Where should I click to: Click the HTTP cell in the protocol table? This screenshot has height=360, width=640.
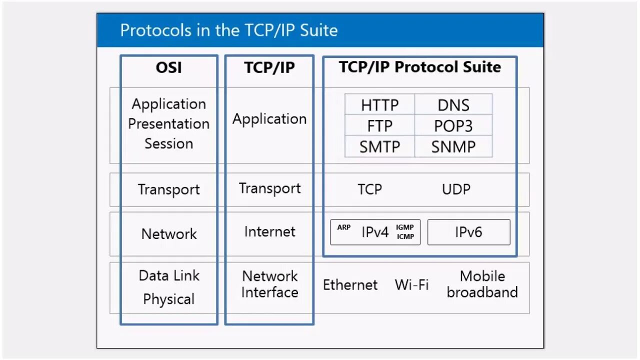(380, 105)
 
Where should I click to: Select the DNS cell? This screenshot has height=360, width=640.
(453, 105)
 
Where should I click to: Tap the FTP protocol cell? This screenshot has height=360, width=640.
(380, 125)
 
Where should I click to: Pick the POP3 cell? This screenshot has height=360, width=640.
(453, 125)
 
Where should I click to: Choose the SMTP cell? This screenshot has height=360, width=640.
(380, 147)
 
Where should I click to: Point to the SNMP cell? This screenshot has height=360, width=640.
(453, 147)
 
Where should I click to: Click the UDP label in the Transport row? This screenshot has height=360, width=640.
(456, 189)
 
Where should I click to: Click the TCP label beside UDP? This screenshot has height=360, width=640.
(369, 189)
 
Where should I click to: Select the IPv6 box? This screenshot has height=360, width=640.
(468, 232)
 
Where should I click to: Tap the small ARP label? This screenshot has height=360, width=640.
(344, 227)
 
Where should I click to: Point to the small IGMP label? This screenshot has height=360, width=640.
(405, 227)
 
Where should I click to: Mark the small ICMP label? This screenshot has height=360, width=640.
(405, 236)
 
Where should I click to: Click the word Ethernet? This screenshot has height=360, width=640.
(350, 285)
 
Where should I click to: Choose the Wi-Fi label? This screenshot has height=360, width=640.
(411, 285)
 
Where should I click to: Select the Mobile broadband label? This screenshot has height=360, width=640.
(482, 284)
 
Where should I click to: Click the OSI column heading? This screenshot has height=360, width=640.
(169, 67)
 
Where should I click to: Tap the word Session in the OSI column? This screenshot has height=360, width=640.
(169, 143)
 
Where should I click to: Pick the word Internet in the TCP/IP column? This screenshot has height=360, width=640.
(269, 231)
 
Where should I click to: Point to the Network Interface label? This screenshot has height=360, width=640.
(269, 284)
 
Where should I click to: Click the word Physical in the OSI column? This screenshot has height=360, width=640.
(169, 299)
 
